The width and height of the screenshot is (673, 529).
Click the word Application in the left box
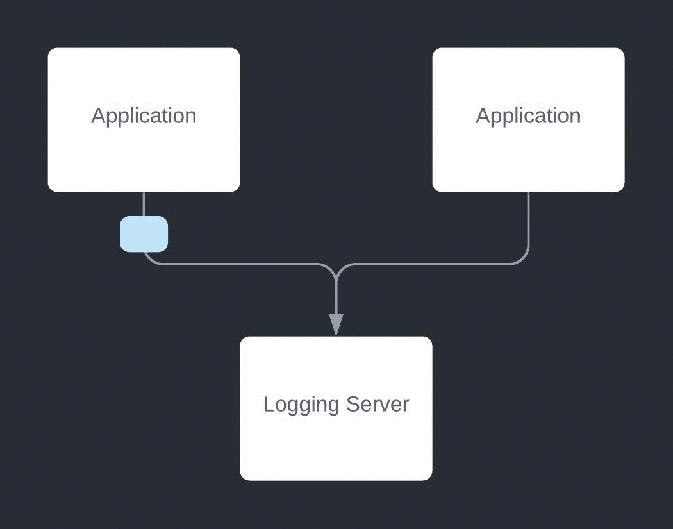[144, 116]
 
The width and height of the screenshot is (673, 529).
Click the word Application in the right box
[528, 116]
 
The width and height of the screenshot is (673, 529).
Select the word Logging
[301, 405]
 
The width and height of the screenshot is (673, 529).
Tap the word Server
[378, 405]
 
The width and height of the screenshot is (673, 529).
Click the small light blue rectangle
[144, 234]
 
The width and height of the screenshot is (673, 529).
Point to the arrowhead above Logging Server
[336, 324]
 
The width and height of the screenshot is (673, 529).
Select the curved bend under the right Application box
[523, 258]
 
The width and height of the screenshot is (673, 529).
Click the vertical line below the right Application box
[529, 218]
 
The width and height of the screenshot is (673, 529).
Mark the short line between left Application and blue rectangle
[144, 204]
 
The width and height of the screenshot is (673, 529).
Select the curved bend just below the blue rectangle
[149, 258]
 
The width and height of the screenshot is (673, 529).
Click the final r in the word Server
[406, 405]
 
